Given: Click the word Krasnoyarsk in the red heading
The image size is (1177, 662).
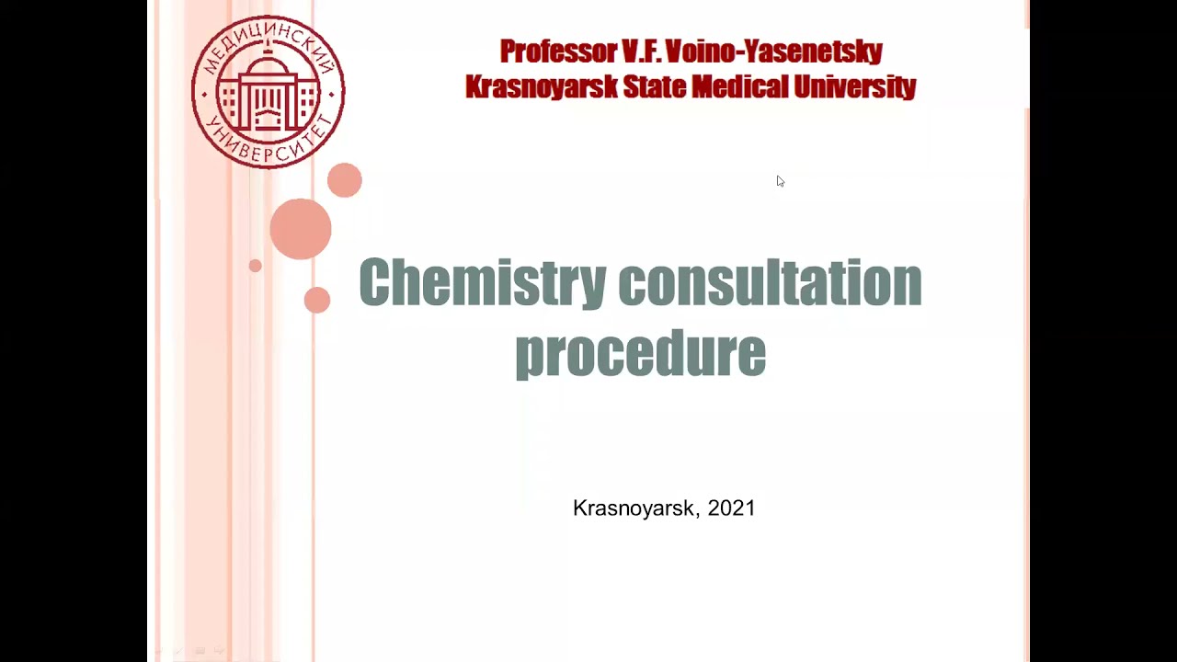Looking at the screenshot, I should point(541,87).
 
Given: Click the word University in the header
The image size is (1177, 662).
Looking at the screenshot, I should point(855,87).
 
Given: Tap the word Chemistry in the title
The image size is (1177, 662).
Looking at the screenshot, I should point(483,283).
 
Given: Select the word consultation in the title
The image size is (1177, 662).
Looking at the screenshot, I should point(770,283).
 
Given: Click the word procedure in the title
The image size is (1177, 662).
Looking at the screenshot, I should point(640,352).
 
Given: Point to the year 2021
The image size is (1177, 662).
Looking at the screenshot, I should point(732,508).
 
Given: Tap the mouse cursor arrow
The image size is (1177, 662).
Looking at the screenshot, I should point(780,181).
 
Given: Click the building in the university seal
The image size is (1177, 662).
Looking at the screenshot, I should point(268,92).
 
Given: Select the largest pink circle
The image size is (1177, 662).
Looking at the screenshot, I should point(301,229).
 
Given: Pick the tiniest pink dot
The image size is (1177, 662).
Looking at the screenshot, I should point(255,266).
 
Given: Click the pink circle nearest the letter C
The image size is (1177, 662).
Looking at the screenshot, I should point(317,300).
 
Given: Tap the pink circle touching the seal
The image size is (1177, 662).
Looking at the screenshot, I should point(345,180).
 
